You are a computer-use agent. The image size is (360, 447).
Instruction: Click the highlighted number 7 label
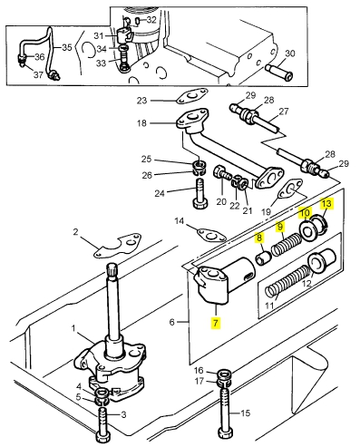215,323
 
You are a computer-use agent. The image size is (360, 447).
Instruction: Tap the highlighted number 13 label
326,204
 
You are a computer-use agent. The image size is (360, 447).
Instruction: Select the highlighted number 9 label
280,227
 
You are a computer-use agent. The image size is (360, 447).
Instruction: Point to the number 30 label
290,53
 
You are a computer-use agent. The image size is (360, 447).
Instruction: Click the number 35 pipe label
67,47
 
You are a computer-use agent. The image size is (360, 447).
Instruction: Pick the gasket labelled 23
192,97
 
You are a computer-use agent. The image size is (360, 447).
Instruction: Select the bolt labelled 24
200,194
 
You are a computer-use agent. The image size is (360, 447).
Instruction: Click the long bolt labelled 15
224,411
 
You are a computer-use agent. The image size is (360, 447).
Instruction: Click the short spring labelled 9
287,245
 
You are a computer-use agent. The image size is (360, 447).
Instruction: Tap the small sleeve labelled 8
263,258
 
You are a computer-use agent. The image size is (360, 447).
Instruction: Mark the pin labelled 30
278,73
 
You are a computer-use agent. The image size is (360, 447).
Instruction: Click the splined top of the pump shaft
112,270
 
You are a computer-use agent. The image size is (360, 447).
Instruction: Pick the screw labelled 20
222,174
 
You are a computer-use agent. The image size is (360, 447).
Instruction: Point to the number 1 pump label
73,328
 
